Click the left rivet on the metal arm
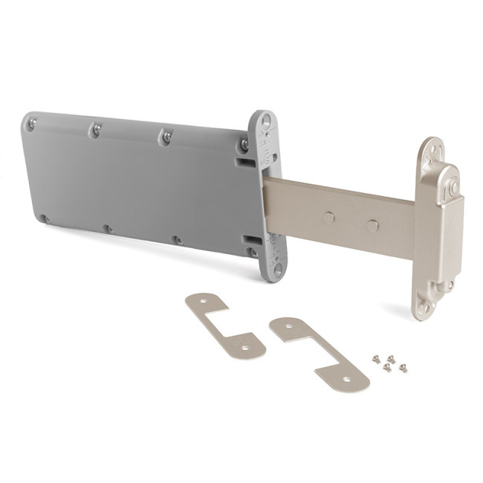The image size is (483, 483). (328, 218)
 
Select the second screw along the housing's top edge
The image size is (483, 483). (96, 131)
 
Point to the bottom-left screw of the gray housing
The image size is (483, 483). (45, 218)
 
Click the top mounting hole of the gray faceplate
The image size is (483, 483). (265, 119)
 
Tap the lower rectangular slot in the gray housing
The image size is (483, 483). (253, 240)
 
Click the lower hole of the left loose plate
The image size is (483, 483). (240, 346)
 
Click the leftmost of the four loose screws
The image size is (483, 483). (377, 359)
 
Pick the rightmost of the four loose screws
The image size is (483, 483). (403, 368)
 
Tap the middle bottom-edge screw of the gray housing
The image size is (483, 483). (107, 229)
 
